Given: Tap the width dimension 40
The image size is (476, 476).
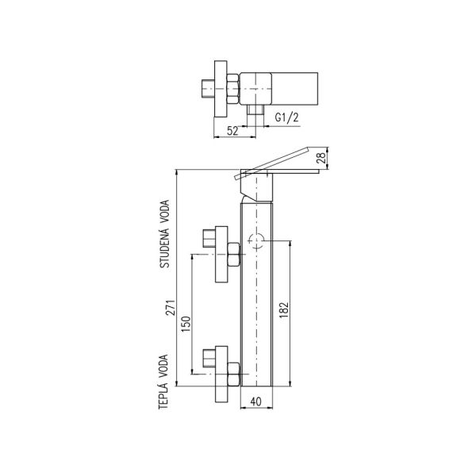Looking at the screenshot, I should coord(255,401).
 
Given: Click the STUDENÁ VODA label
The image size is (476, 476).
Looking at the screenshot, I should coord(166,235).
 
